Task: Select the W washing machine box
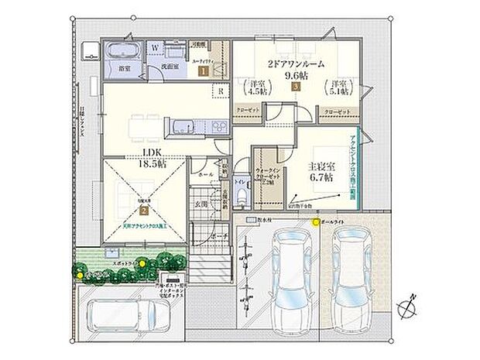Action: (155, 48)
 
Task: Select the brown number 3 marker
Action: (296, 87)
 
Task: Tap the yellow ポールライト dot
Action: (316, 223)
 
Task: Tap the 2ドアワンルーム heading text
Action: (296, 63)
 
